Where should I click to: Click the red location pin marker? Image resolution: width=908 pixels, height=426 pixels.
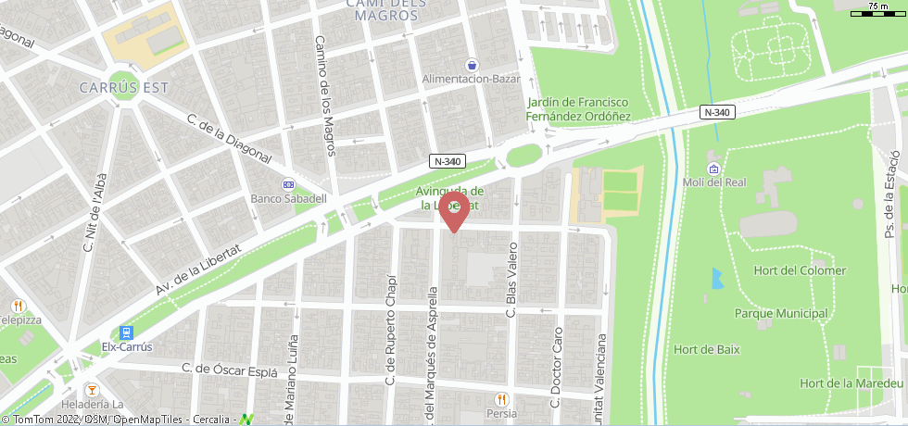click(x=453, y=210)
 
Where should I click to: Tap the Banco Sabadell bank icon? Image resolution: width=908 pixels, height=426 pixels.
click(x=288, y=184)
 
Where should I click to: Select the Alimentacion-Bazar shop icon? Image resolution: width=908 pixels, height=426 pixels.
click(x=473, y=65)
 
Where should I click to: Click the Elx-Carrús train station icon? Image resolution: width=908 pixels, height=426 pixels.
click(x=126, y=332)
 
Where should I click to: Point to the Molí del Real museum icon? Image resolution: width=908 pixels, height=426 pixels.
click(x=713, y=169)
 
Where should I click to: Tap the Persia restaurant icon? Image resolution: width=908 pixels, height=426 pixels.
click(x=500, y=399)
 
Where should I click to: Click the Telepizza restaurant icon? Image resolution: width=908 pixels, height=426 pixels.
click(x=19, y=306)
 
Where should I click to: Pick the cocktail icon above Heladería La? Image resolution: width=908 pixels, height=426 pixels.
click(x=92, y=389)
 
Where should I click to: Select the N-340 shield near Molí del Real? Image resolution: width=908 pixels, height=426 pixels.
click(x=716, y=112)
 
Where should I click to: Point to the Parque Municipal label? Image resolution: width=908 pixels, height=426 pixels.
click(x=781, y=313)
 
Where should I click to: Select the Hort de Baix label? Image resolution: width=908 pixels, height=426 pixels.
click(x=707, y=349)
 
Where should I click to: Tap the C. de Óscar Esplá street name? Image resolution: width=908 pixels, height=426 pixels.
click(x=230, y=370)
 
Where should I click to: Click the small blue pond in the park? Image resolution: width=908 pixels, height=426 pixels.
click(x=716, y=278)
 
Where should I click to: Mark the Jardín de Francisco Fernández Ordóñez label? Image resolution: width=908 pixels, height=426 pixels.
click(x=578, y=109)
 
